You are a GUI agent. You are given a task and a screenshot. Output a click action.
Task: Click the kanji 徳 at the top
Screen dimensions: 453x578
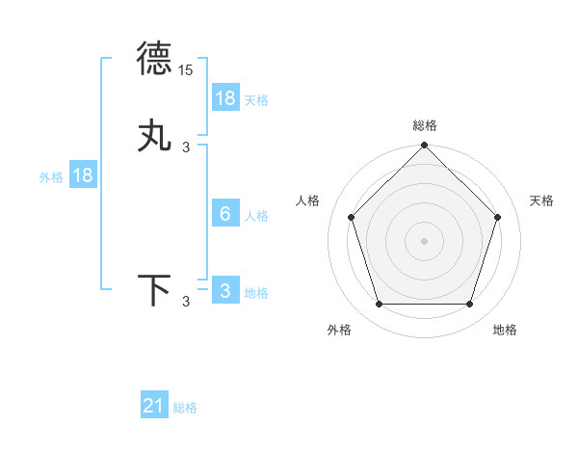point(155,60)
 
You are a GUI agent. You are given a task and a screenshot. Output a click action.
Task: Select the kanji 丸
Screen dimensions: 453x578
point(155,136)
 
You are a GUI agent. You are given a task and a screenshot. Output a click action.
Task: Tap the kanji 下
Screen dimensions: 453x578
point(155,291)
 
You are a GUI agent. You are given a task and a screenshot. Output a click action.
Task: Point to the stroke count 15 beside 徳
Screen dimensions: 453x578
point(186,70)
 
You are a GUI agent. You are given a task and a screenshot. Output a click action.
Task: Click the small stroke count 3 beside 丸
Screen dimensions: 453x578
point(186,147)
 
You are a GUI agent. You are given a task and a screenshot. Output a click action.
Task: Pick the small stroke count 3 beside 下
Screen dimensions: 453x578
point(186,303)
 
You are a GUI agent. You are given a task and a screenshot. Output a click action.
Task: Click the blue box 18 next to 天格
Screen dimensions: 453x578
point(225,98)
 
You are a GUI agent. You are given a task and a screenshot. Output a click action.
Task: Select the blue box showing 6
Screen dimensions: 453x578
point(225,214)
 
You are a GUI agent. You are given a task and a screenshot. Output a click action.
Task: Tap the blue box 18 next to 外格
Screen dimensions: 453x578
point(83,175)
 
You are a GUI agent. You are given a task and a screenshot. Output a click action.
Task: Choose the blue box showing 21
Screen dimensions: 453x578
point(154,407)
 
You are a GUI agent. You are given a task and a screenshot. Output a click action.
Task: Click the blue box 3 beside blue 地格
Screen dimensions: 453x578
point(225,291)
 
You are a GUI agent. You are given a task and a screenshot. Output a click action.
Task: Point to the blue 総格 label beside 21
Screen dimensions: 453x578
point(185,408)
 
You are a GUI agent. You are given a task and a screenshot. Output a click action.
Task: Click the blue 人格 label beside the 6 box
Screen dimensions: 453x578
point(256,215)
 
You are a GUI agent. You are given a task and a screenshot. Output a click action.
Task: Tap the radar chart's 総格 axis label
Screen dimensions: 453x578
point(425,125)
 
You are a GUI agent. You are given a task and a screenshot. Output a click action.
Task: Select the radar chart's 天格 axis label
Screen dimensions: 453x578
point(541,200)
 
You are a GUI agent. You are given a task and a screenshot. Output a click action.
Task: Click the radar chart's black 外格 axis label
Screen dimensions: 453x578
point(339,330)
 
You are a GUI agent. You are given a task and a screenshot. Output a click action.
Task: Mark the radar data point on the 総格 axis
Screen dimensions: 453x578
point(424,147)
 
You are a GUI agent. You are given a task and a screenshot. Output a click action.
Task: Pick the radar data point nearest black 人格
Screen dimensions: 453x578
point(351,217)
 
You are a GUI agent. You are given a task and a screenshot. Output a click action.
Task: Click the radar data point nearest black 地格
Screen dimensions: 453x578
point(469,304)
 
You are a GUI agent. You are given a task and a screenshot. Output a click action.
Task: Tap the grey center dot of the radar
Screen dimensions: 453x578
point(424,240)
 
